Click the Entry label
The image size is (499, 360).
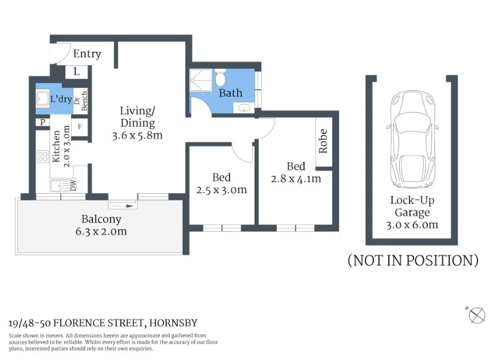[x=87, y=54]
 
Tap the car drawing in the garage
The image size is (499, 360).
[x=412, y=140]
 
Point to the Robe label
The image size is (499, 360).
[x=323, y=141]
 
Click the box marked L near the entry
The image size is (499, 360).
[x=76, y=72]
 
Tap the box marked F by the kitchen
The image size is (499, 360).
[x=80, y=127]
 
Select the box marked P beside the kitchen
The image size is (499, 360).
[x=42, y=123]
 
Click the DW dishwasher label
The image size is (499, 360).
[x=73, y=185]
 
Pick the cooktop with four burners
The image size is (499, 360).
[x=43, y=157]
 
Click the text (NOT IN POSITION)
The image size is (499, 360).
[x=413, y=261]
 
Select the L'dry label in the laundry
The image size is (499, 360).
[x=61, y=99]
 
